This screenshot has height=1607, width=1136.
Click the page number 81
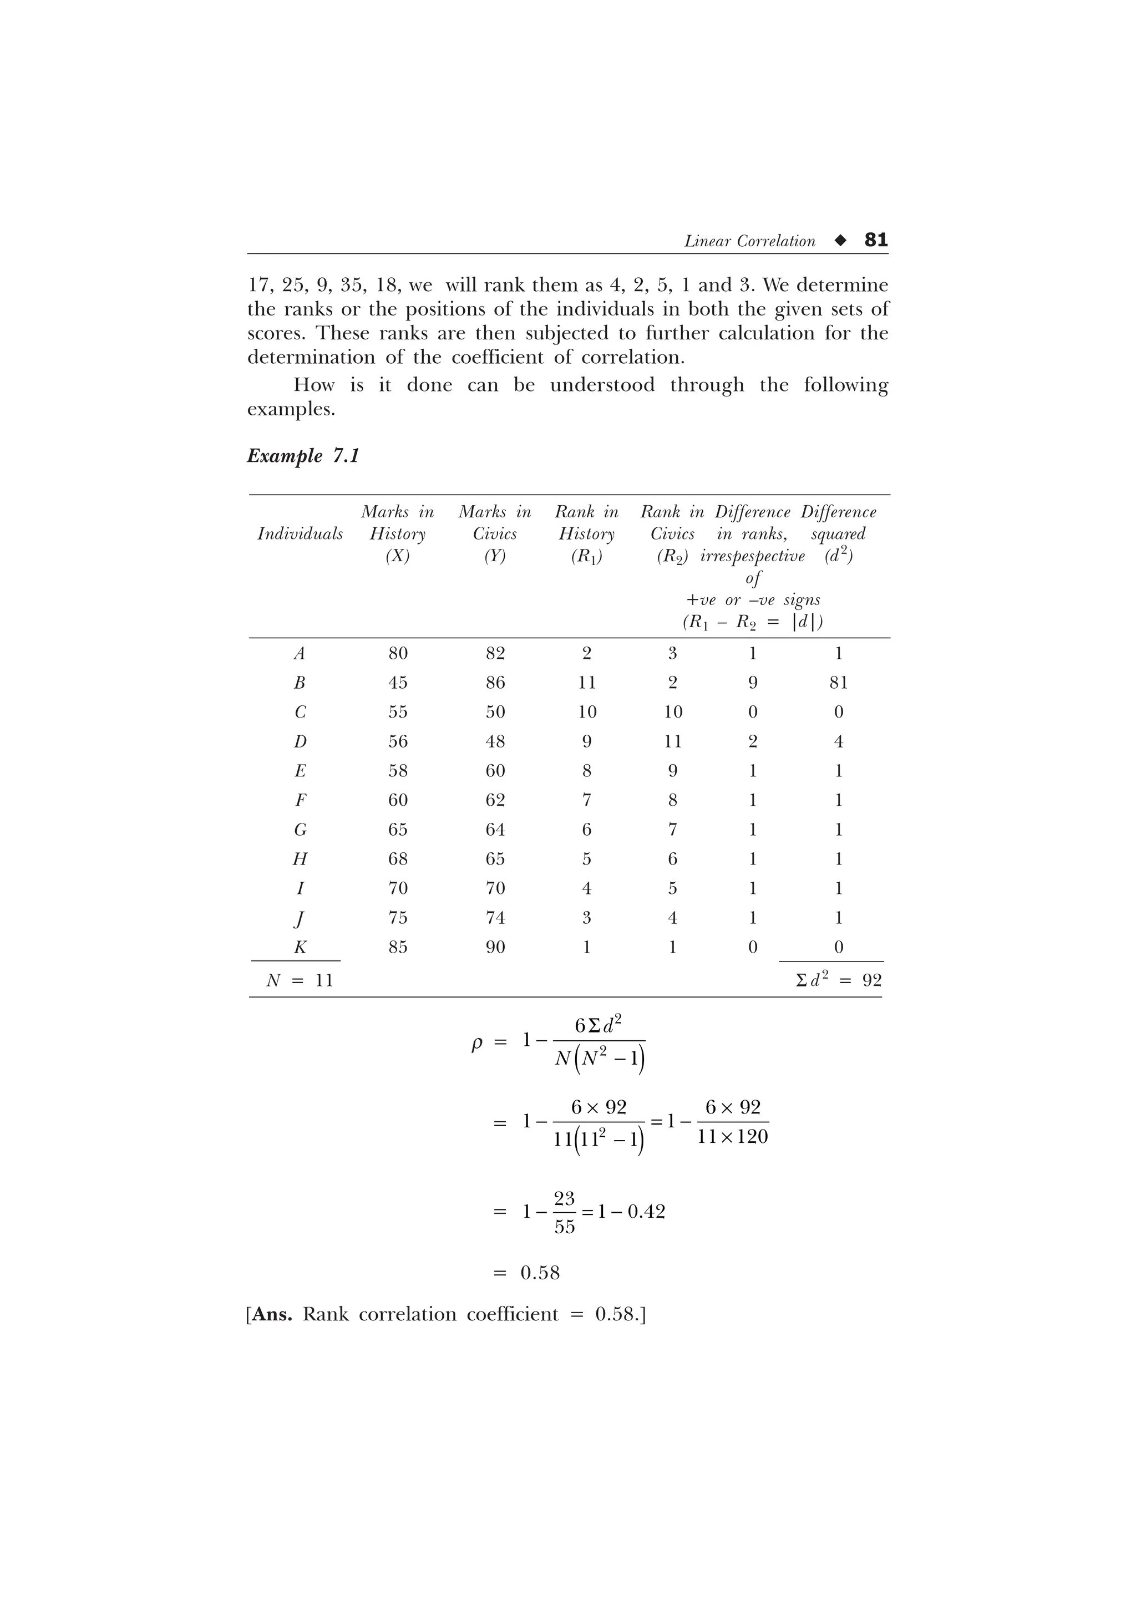tap(876, 240)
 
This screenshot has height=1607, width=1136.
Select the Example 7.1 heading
tap(303, 456)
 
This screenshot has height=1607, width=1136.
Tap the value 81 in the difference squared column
tap(839, 683)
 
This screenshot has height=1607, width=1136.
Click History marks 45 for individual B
tap(398, 683)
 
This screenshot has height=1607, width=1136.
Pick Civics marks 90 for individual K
tap(495, 947)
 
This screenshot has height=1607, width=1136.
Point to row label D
tap(300, 741)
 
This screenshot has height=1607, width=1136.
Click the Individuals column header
tap(300, 534)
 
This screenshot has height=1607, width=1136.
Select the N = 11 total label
tap(300, 980)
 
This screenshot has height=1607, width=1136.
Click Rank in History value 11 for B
tap(586, 683)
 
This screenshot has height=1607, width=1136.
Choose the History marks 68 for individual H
tap(398, 859)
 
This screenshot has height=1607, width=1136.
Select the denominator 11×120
tap(732, 1137)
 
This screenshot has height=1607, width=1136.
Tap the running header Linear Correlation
tap(749, 241)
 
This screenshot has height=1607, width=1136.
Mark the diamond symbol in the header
tap(840, 241)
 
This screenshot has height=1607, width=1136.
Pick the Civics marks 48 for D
tap(495, 741)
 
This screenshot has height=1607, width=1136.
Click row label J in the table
tap(300, 918)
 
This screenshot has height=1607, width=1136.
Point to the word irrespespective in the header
tap(753, 556)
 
